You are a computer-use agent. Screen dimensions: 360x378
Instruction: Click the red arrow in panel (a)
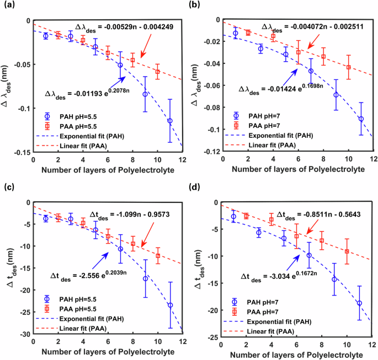click(151, 46)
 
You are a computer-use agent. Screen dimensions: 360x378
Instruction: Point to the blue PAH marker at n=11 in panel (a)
click(170, 121)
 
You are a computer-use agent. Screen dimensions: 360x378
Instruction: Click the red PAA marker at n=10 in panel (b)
click(348, 67)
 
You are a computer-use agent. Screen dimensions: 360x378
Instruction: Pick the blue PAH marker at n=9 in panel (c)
click(145, 278)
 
